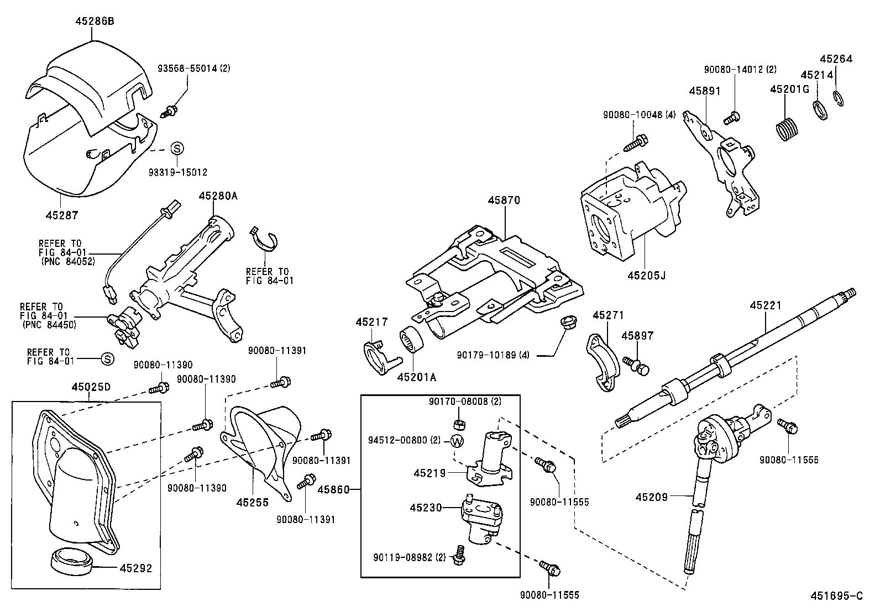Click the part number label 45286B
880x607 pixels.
(x=95, y=21)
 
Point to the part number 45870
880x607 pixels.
(x=504, y=200)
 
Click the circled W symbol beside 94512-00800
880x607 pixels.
(x=457, y=441)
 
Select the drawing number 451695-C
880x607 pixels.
(x=836, y=596)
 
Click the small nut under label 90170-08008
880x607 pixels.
(x=458, y=424)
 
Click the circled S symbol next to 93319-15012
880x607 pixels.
(x=176, y=148)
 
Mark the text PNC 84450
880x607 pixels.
(x=50, y=324)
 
